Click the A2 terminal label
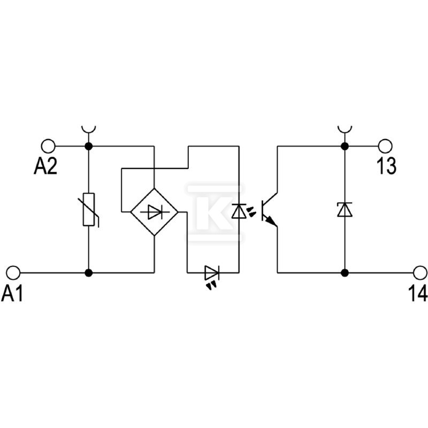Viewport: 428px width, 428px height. (45, 166)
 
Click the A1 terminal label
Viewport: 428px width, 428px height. (12, 293)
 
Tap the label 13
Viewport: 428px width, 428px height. (386, 166)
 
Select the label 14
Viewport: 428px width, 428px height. (418, 293)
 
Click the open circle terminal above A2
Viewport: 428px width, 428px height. (48, 146)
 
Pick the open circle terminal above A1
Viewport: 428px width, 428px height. (13, 272)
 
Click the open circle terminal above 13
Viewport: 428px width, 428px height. (385, 146)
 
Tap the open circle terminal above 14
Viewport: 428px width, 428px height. (420, 272)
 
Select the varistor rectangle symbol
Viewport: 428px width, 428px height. (89, 209)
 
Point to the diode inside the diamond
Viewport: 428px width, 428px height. (155, 212)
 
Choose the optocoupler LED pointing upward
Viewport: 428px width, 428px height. (239, 211)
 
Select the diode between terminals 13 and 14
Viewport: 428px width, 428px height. (345, 210)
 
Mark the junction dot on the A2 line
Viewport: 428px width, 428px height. (89, 146)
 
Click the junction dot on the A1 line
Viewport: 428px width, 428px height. (89, 272)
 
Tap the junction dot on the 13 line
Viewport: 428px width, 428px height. (345, 146)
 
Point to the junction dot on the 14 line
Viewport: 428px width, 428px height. (345, 272)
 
